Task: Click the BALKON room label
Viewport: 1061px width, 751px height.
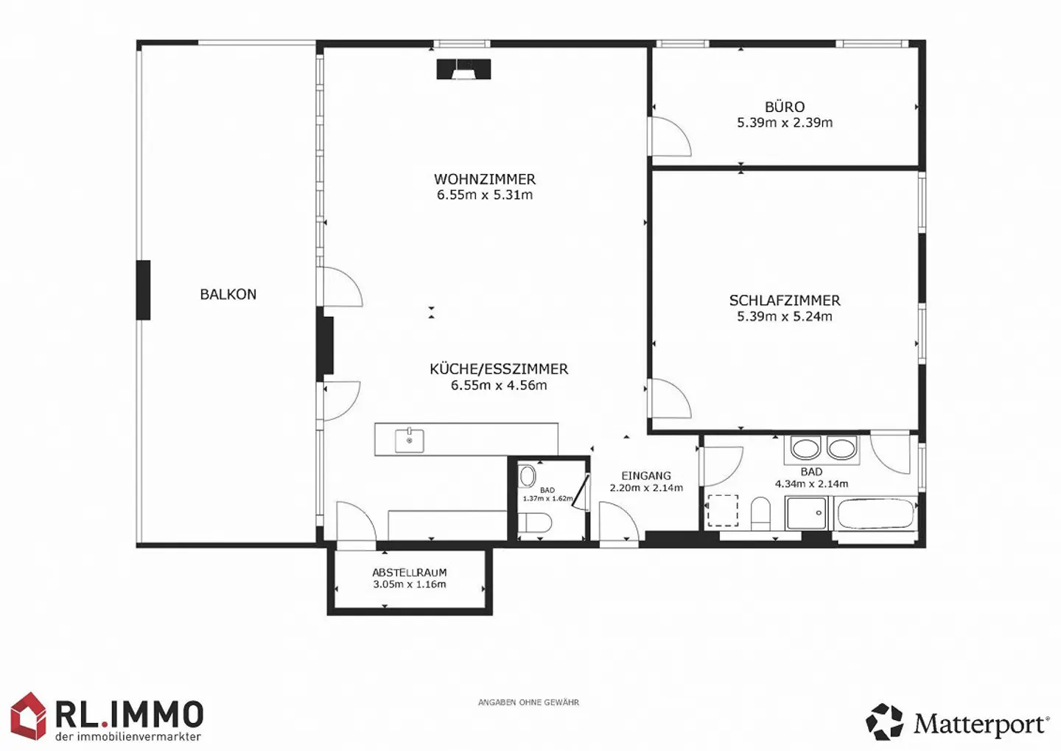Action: coord(228,294)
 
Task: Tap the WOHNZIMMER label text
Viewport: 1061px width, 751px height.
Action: coord(484,179)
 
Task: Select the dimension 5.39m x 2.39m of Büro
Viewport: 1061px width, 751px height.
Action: coord(785,123)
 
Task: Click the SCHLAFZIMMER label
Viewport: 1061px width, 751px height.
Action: coord(785,300)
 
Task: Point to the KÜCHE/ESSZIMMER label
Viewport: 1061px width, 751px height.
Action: coord(499,368)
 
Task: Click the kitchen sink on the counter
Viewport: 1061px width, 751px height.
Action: coord(409,441)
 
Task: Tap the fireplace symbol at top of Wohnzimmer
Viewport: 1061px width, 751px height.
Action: coord(463,69)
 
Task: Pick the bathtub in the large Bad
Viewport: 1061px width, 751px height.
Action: coord(875,514)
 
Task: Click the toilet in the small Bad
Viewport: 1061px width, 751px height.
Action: coord(535,523)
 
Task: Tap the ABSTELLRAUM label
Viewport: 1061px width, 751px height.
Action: coord(409,572)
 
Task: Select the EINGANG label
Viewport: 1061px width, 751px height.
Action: coord(646,475)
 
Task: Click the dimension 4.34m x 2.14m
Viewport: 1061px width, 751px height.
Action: coord(811,484)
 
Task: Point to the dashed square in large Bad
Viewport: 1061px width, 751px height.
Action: coord(723,511)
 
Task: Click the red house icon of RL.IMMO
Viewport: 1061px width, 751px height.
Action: coord(29,716)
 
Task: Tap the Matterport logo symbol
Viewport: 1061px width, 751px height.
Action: coord(884,722)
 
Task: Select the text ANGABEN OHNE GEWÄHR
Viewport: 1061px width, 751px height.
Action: coord(528,702)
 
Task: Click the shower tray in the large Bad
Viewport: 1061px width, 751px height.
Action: coord(807,513)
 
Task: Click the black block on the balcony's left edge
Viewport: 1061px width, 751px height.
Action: coord(143,290)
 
